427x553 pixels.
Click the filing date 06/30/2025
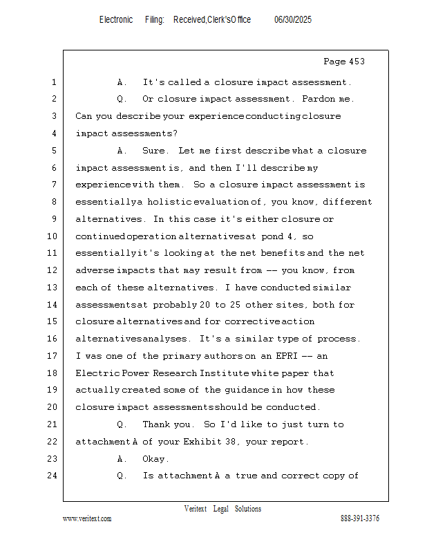pyautogui.click(x=293, y=20)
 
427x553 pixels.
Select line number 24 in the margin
pyautogui.click(x=53, y=476)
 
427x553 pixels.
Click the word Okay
pyautogui.click(x=155, y=459)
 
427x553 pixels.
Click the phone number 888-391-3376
pyautogui.click(x=360, y=518)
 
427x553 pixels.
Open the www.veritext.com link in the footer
pyautogui.click(x=87, y=518)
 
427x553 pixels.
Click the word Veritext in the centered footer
pyautogui.click(x=196, y=509)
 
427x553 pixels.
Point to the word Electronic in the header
pyautogui.click(x=116, y=20)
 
